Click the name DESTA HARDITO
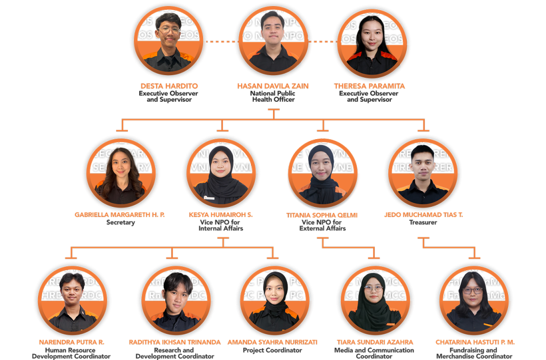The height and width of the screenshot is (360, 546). (168, 86)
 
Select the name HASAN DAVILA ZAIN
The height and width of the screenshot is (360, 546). (272, 86)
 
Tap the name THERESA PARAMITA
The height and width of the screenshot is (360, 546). (369, 86)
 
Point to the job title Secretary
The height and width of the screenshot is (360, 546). (121, 222)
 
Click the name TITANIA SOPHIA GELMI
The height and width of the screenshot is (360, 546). (322, 215)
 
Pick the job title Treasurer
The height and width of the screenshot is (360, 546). (423, 222)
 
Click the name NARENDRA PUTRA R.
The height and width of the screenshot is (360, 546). (71, 342)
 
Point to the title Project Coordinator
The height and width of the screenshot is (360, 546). (272, 350)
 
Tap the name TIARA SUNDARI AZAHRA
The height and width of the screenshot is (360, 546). (374, 342)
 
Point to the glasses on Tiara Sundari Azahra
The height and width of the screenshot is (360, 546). (374, 289)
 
